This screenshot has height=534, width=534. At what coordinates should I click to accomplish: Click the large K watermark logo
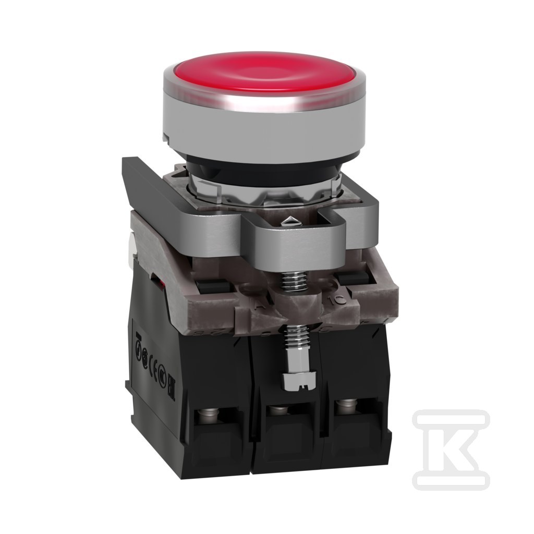(451, 448)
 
